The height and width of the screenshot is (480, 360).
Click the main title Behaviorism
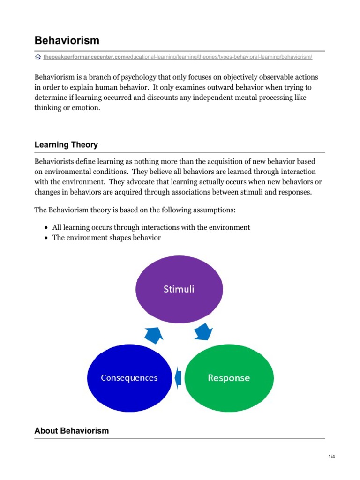click(x=67, y=40)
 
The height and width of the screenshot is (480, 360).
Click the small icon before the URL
click(x=38, y=57)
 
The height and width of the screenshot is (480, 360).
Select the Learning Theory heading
click(x=66, y=144)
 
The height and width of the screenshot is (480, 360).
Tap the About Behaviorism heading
click(x=71, y=430)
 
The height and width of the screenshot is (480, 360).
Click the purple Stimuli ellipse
click(x=179, y=289)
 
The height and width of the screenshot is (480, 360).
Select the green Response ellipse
click(x=229, y=377)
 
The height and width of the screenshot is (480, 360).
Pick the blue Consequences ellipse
click(x=129, y=377)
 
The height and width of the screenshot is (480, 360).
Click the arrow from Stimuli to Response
click(x=203, y=332)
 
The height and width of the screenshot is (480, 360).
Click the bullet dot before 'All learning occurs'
click(x=46, y=228)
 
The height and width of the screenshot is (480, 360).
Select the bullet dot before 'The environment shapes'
click(x=46, y=238)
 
